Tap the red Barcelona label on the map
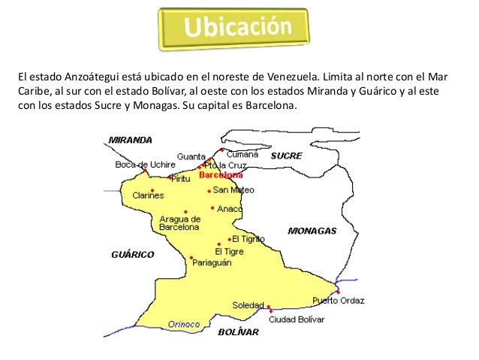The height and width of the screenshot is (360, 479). point(221,174)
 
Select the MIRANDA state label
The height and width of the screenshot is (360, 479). point(131,140)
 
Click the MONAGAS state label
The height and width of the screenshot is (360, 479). point(312,231)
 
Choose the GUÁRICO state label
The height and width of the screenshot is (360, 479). point(132,254)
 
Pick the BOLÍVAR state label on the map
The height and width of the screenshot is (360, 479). point(238,331)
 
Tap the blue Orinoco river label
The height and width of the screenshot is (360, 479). point(184,324)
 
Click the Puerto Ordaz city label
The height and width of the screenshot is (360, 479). point(339,301)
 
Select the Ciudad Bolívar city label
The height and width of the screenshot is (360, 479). point(297,319)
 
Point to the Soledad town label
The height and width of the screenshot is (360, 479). point(248,306)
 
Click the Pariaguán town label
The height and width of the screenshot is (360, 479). point(212,263)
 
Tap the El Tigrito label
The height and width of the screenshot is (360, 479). point(249,238)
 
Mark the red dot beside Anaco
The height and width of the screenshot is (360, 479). point(212,208)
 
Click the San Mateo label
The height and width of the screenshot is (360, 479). point(233,190)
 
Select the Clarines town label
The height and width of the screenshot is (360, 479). point(148,195)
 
